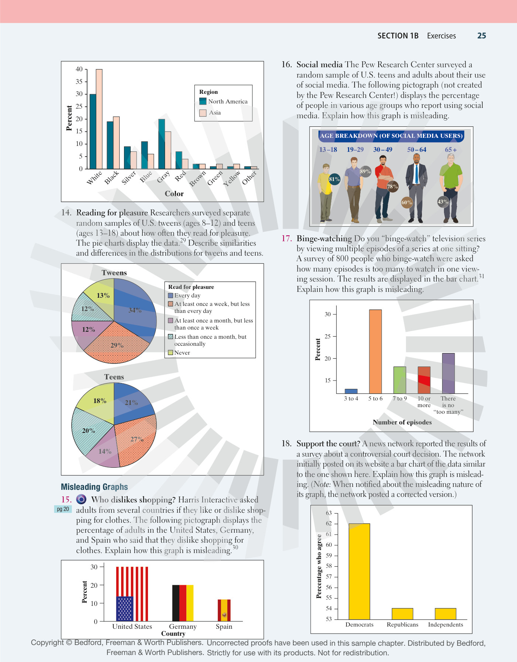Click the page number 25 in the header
[x=482, y=36]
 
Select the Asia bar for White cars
[x=99, y=119]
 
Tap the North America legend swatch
[x=203, y=101]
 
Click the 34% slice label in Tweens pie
[x=135, y=310]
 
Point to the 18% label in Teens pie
[x=100, y=401]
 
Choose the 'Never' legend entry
[x=179, y=353]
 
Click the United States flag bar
[x=132, y=594]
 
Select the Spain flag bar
[x=224, y=610]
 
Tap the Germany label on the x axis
[x=183, y=627]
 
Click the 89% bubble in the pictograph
[x=365, y=171]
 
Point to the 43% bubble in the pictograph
[x=443, y=202]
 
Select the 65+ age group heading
[x=451, y=150]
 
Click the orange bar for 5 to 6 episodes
[x=375, y=351]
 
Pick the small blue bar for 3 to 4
[x=351, y=391]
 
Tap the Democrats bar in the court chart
[x=359, y=571]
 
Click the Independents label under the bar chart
[x=445, y=625]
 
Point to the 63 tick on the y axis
[x=329, y=513]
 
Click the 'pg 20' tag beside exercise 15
[x=63, y=509]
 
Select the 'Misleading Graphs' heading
[x=94, y=487]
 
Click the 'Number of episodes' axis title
[x=402, y=422]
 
